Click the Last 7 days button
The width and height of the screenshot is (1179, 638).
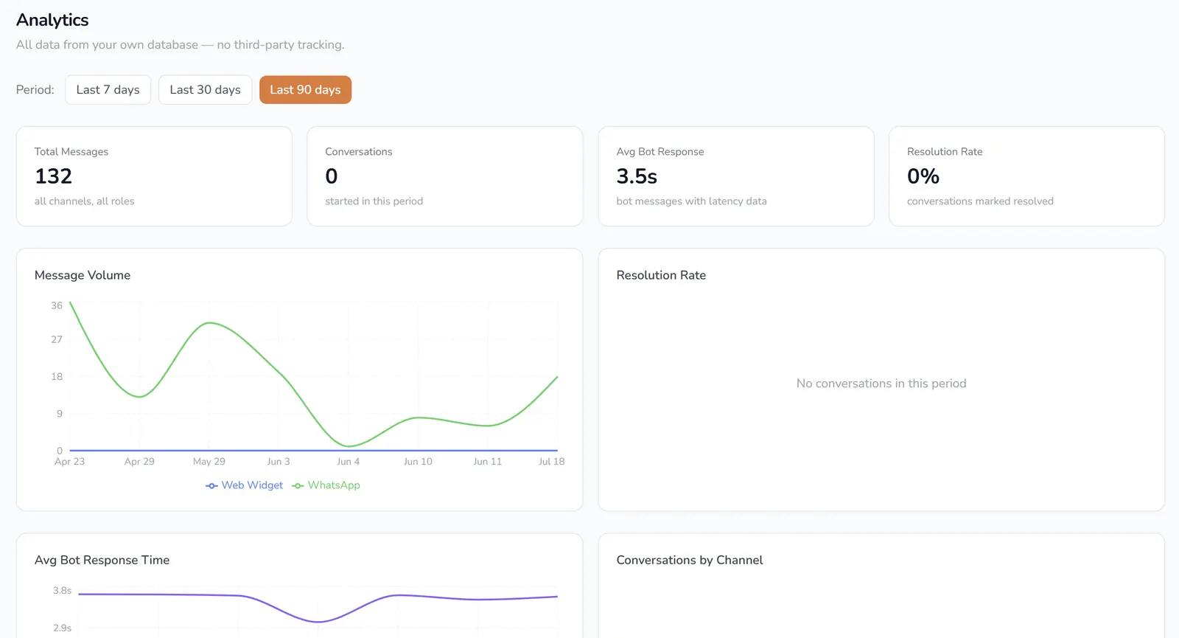(x=108, y=89)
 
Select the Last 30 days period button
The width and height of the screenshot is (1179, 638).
(x=206, y=89)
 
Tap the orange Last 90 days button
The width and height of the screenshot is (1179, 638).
(x=305, y=89)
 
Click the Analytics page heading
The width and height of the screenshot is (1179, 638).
(x=52, y=20)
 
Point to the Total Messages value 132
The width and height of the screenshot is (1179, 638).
(x=53, y=176)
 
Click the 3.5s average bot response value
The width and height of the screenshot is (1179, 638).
(x=637, y=176)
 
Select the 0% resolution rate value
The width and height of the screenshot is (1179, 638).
(x=923, y=176)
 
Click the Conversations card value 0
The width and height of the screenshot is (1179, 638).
(x=331, y=176)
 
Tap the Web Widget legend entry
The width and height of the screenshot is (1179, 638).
(x=244, y=485)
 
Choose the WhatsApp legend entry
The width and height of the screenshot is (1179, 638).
(x=326, y=485)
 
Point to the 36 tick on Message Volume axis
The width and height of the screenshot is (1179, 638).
(x=57, y=305)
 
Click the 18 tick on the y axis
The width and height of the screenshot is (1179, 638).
(x=57, y=377)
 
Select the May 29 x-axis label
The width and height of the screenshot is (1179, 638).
(x=209, y=462)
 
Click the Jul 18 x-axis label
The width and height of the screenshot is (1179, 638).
(x=552, y=462)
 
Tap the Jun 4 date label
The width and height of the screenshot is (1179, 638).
(x=348, y=462)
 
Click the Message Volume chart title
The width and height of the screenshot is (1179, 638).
(x=83, y=275)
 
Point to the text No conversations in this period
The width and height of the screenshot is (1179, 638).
(x=881, y=384)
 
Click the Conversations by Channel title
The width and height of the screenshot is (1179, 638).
(x=690, y=560)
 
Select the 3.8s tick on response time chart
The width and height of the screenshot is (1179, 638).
(x=62, y=591)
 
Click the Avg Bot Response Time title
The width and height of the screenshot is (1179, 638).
(x=102, y=560)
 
